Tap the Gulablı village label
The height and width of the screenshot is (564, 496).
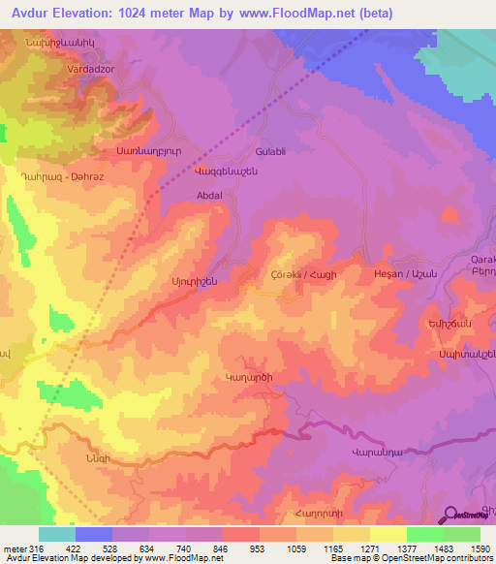click(270, 153)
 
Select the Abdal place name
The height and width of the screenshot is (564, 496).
click(209, 195)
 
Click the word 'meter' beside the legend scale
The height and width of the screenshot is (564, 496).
click(15, 548)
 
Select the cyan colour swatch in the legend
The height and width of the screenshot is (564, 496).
click(57, 534)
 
